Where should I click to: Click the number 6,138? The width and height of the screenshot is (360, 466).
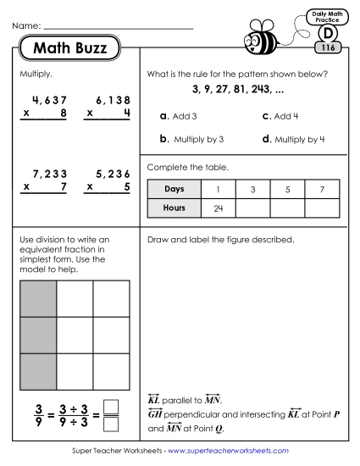pos(110,100)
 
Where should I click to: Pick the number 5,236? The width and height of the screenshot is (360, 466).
pos(110,174)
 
